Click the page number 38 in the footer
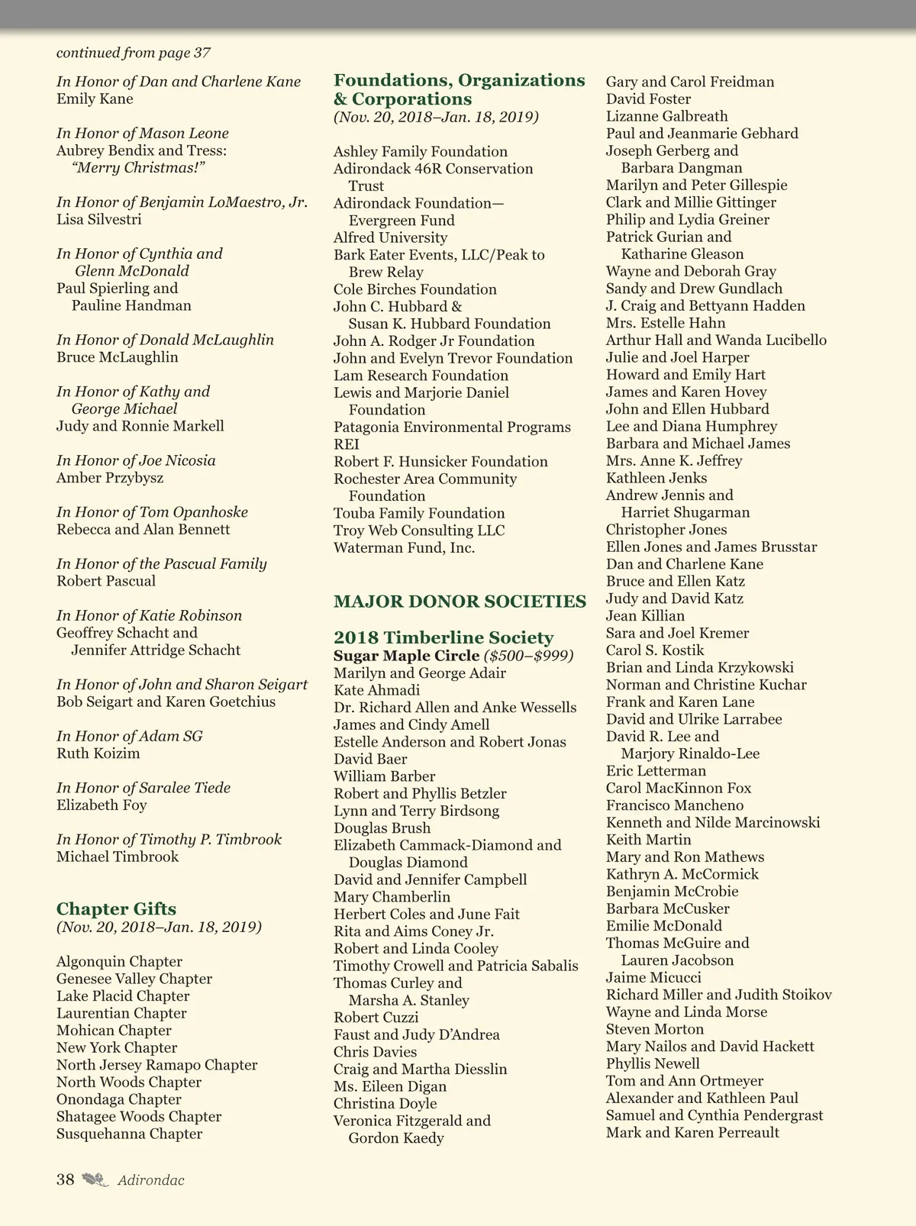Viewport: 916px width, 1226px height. click(x=66, y=1179)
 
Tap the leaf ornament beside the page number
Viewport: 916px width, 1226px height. click(x=95, y=1179)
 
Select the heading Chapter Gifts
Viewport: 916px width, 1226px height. click(x=116, y=908)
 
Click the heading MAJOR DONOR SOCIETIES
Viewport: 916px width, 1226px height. click(x=460, y=602)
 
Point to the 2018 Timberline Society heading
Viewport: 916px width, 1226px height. click(x=443, y=637)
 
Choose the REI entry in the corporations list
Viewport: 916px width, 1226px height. click(x=346, y=444)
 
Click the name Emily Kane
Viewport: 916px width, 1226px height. click(x=95, y=99)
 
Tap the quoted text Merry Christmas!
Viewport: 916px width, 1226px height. click(x=139, y=168)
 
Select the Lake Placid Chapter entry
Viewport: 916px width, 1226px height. click(x=123, y=996)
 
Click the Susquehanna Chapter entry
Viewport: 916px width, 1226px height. click(x=130, y=1134)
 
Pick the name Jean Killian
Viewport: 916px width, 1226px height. click(x=645, y=616)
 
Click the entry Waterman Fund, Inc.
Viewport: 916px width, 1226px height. click(x=404, y=547)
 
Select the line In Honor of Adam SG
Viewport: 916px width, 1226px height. click(x=130, y=736)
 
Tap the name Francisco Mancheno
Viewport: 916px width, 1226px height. click(x=674, y=805)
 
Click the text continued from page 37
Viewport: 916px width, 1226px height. click(x=134, y=53)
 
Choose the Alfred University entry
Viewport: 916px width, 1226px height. click(x=390, y=237)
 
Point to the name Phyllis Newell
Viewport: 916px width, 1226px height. click(x=653, y=1063)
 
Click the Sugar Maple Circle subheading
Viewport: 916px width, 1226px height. click(x=406, y=656)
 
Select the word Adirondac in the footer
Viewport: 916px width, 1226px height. click(x=151, y=1180)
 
